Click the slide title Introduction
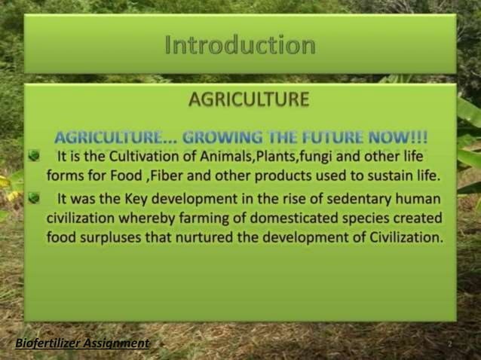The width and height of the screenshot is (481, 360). tap(240, 45)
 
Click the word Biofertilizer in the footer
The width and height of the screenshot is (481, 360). tap(47, 343)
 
